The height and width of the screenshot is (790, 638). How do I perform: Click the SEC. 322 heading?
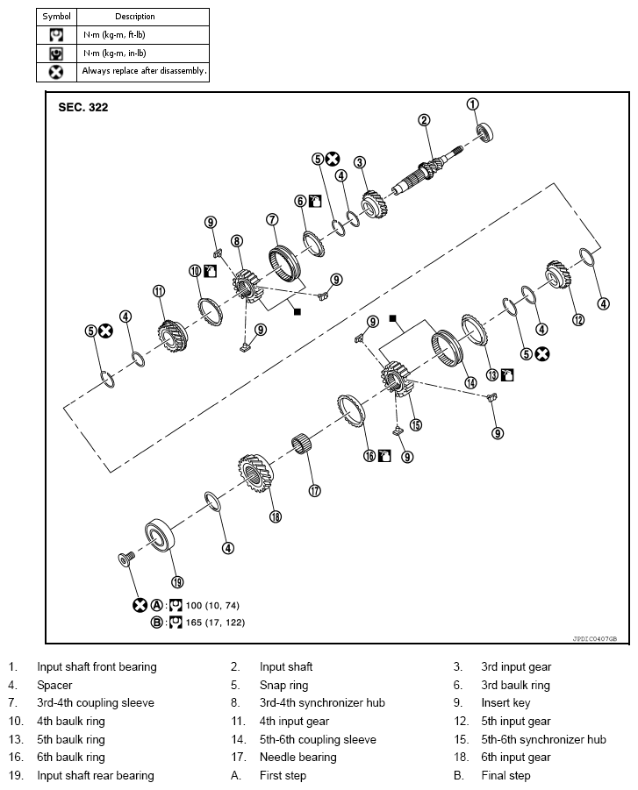79,108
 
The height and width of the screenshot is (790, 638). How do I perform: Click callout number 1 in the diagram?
473,104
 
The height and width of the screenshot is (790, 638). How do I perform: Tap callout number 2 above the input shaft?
424,120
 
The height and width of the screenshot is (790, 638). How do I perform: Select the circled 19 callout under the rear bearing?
177,581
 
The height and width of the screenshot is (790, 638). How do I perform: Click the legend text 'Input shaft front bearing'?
97,667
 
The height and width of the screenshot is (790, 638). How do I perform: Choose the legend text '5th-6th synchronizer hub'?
543,739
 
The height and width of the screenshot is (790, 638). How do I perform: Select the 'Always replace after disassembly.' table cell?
144,71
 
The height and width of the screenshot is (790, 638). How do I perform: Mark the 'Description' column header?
134,16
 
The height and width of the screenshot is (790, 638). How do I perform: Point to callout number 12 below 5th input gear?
577,320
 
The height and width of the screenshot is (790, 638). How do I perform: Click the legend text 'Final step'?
505,776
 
